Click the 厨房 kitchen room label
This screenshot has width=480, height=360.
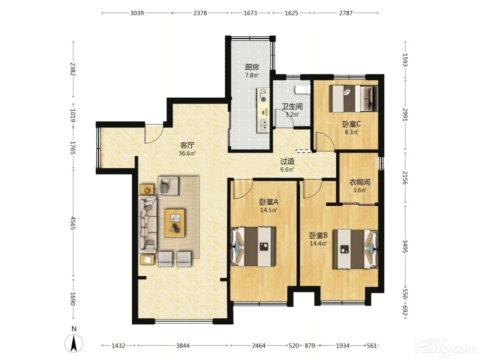252,67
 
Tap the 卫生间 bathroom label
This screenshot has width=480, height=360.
292,106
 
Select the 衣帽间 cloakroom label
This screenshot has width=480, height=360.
360,182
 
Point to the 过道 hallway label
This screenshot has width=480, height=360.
287,161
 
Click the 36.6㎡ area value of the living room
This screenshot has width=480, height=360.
187,153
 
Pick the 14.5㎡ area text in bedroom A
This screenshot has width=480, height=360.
268,210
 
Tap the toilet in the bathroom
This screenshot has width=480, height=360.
302,89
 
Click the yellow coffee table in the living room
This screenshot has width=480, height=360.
175,223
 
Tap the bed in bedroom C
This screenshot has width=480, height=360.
353,98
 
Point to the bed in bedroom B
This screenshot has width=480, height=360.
355,249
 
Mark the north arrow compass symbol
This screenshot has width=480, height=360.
74,343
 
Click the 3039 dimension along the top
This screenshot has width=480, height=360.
137,13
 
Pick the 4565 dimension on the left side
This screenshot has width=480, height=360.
73,223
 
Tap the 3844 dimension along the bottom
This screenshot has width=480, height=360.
183,346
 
